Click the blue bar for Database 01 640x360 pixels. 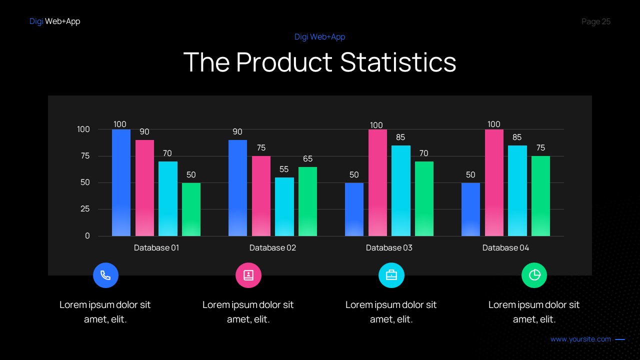pyautogui.click(x=121, y=182)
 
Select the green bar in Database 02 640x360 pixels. pyautogui.click(x=307, y=201)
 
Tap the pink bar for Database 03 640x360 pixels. pyautogui.click(x=377, y=182)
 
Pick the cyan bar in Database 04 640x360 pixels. pyautogui.click(x=517, y=190)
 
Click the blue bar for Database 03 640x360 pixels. pyautogui.click(x=354, y=209)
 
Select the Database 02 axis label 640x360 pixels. pyautogui.click(x=272, y=247)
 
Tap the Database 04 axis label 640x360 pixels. pyautogui.click(x=505, y=247)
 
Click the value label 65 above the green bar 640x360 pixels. pyautogui.click(x=307, y=158)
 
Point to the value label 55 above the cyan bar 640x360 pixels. pyautogui.click(x=284, y=169)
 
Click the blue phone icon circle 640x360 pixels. pyautogui.click(x=105, y=275)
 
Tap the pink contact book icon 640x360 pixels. pyautogui.click(x=248, y=275)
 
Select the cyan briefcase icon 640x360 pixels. pyautogui.click(x=391, y=275)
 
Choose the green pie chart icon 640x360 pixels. pyautogui.click(x=534, y=275)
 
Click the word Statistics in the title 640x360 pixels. pyautogui.click(x=398, y=62)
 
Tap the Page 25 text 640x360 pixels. pyautogui.click(x=596, y=21)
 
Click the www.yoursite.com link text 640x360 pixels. pyautogui.click(x=580, y=339)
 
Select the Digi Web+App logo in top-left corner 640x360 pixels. pyautogui.click(x=54, y=21)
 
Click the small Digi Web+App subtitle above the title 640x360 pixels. pyautogui.click(x=319, y=36)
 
